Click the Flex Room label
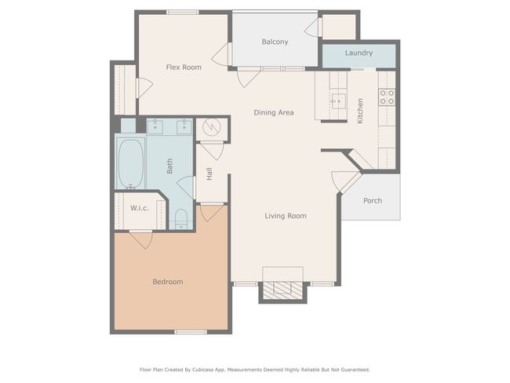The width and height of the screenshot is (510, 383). click(184, 67)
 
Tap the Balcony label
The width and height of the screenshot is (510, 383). click(275, 42)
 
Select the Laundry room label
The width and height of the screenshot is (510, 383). click(359, 53)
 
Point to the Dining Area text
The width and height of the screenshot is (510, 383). click(274, 112)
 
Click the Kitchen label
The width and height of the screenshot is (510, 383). click(360, 111)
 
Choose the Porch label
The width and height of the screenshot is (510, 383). click(373, 200)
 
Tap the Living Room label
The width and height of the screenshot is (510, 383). click(286, 216)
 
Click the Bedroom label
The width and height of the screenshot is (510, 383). click(168, 282)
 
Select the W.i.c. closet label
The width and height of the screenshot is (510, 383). click(140, 208)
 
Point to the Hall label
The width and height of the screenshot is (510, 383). click(209, 173)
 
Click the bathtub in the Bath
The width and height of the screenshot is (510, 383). click(131, 164)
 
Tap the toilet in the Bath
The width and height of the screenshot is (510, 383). click(181, 219)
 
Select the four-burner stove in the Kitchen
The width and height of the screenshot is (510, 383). click(387, 97)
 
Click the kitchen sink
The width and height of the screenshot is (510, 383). click(339, 101)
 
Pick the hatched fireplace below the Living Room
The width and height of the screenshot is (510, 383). click(282, 290)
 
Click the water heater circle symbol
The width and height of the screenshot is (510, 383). click(211, 127)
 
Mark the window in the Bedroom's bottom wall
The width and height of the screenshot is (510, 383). click(191, 332)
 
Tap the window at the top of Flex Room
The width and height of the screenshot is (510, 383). click(183, 13)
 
